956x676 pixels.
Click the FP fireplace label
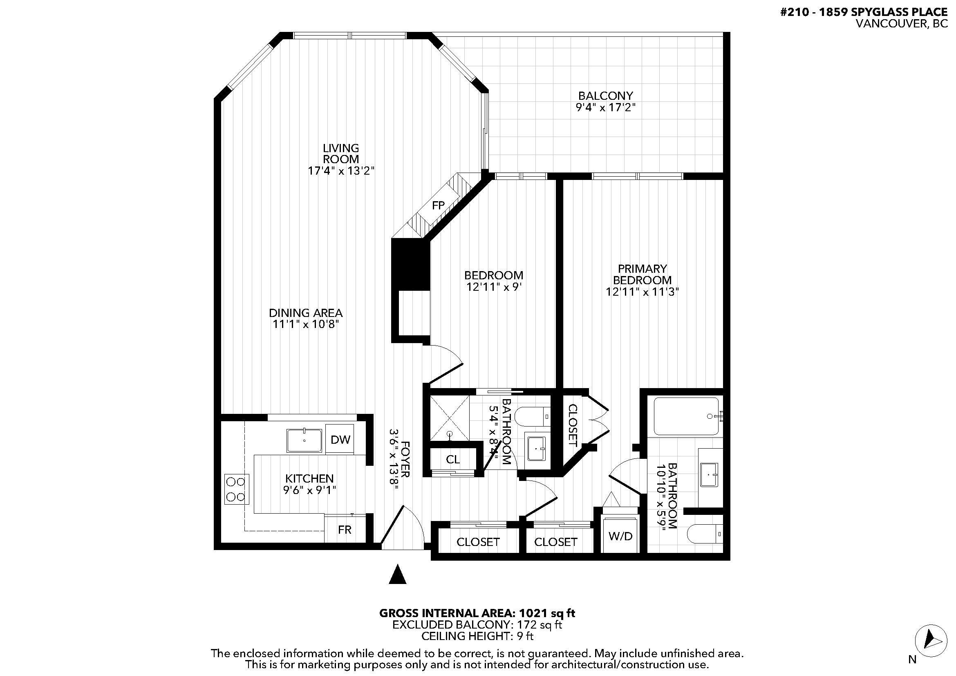(438, 205)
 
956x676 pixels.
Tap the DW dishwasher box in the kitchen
(340, 440)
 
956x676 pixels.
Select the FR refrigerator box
(344, 529)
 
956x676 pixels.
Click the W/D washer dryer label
(620, 536)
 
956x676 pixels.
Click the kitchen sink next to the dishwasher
(304, 441)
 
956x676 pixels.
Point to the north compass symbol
(931, 649)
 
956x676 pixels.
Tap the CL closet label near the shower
(452, 459)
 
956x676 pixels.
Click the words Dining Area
(306, 313)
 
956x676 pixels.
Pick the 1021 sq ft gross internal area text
(477, 613)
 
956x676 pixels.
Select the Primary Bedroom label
(642, 274)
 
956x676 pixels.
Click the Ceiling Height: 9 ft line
(477, 636)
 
